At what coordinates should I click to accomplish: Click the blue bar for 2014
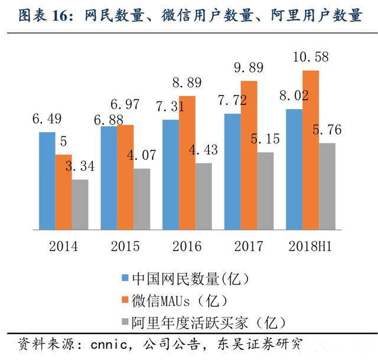47,180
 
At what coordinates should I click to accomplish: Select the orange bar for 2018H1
311,149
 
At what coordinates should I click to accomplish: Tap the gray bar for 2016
203,196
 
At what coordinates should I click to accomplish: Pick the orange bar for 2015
125,176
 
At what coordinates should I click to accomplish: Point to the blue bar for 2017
233,171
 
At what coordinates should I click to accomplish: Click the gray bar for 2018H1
327,186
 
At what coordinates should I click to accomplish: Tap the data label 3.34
80,167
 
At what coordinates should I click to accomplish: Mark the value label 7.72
232,101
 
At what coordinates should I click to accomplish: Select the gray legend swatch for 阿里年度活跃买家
124,322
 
